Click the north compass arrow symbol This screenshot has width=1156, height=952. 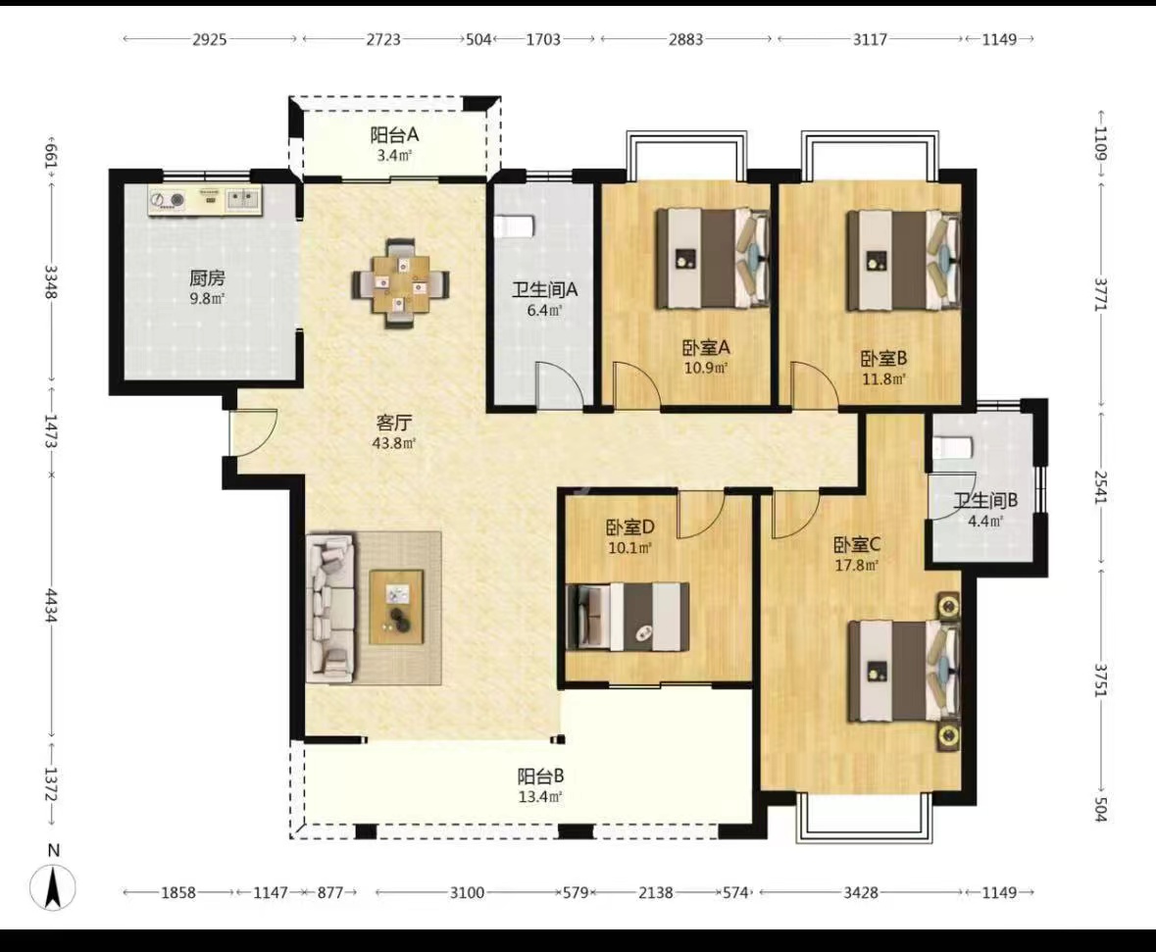[53, 887]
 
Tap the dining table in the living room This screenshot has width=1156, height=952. [401, 283]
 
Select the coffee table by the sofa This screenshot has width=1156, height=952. [397, 607]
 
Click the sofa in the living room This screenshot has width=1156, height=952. [330, 607]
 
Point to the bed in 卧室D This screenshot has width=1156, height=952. [628, 617]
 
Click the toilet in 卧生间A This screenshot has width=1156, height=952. [513, 226]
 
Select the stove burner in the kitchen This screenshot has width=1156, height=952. [177, 199]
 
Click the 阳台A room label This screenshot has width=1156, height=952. [394, 135]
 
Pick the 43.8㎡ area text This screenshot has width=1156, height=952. [394, 443]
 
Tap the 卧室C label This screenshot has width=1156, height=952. [857, 545]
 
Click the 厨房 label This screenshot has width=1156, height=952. [207, 278]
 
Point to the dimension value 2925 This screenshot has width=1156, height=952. [210, 39]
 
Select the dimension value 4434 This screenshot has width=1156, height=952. [52, 605]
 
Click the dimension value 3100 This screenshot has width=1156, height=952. [467, 893]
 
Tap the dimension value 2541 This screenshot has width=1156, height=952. [1101, 487]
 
